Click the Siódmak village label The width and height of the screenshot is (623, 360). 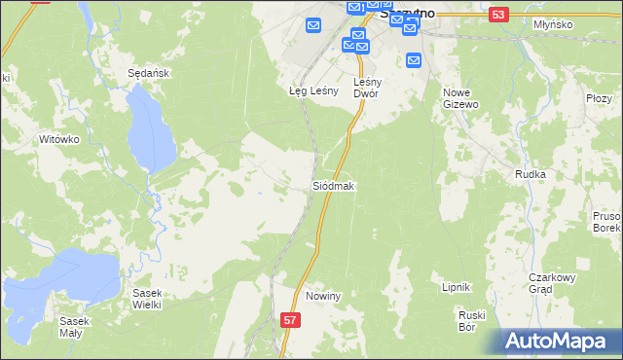[334, 185]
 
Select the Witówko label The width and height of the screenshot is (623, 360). [57, 139]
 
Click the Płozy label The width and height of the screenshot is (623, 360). [599, 98]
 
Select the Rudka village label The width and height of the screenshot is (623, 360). [530, 174]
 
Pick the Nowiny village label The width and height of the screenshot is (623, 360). [322, 296]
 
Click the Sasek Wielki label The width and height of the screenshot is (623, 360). [149, 298]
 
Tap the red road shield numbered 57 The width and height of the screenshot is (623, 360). [289, 319]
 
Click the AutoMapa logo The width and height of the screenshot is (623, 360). [560, 342]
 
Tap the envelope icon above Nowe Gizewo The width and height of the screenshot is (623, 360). [414, 59]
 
